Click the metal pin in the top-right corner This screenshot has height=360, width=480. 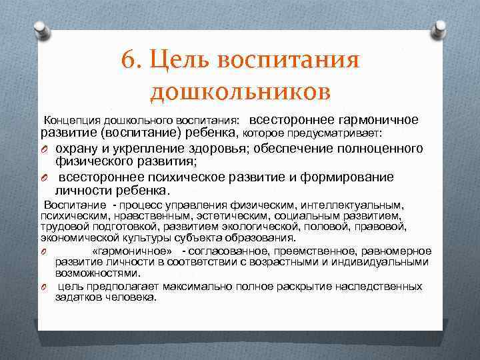(x=441, y=27)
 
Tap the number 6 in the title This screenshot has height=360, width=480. (x=129, y=61)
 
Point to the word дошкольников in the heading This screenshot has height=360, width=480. (x=240, y=91)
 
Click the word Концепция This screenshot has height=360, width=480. (x=70, y=121)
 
